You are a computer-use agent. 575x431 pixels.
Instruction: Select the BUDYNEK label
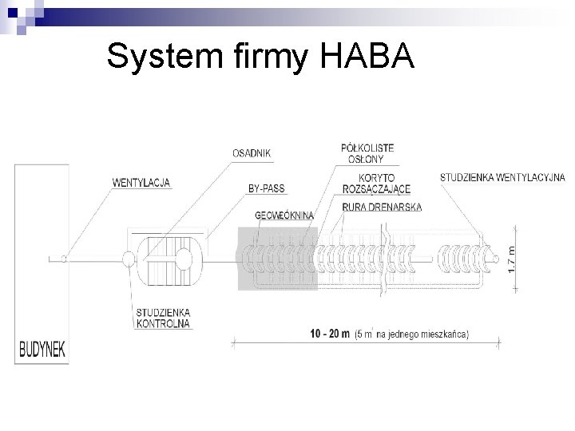[42, 349]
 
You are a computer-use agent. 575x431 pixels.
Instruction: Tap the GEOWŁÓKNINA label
[284, 215]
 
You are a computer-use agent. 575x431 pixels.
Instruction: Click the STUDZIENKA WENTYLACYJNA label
[502, 176]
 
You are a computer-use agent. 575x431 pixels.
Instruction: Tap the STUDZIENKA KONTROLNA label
[163, 318]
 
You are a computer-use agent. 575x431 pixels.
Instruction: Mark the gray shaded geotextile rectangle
[278, 259]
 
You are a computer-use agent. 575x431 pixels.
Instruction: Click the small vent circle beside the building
[64, 258]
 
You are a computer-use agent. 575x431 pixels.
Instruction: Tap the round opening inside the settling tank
[183, 258]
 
